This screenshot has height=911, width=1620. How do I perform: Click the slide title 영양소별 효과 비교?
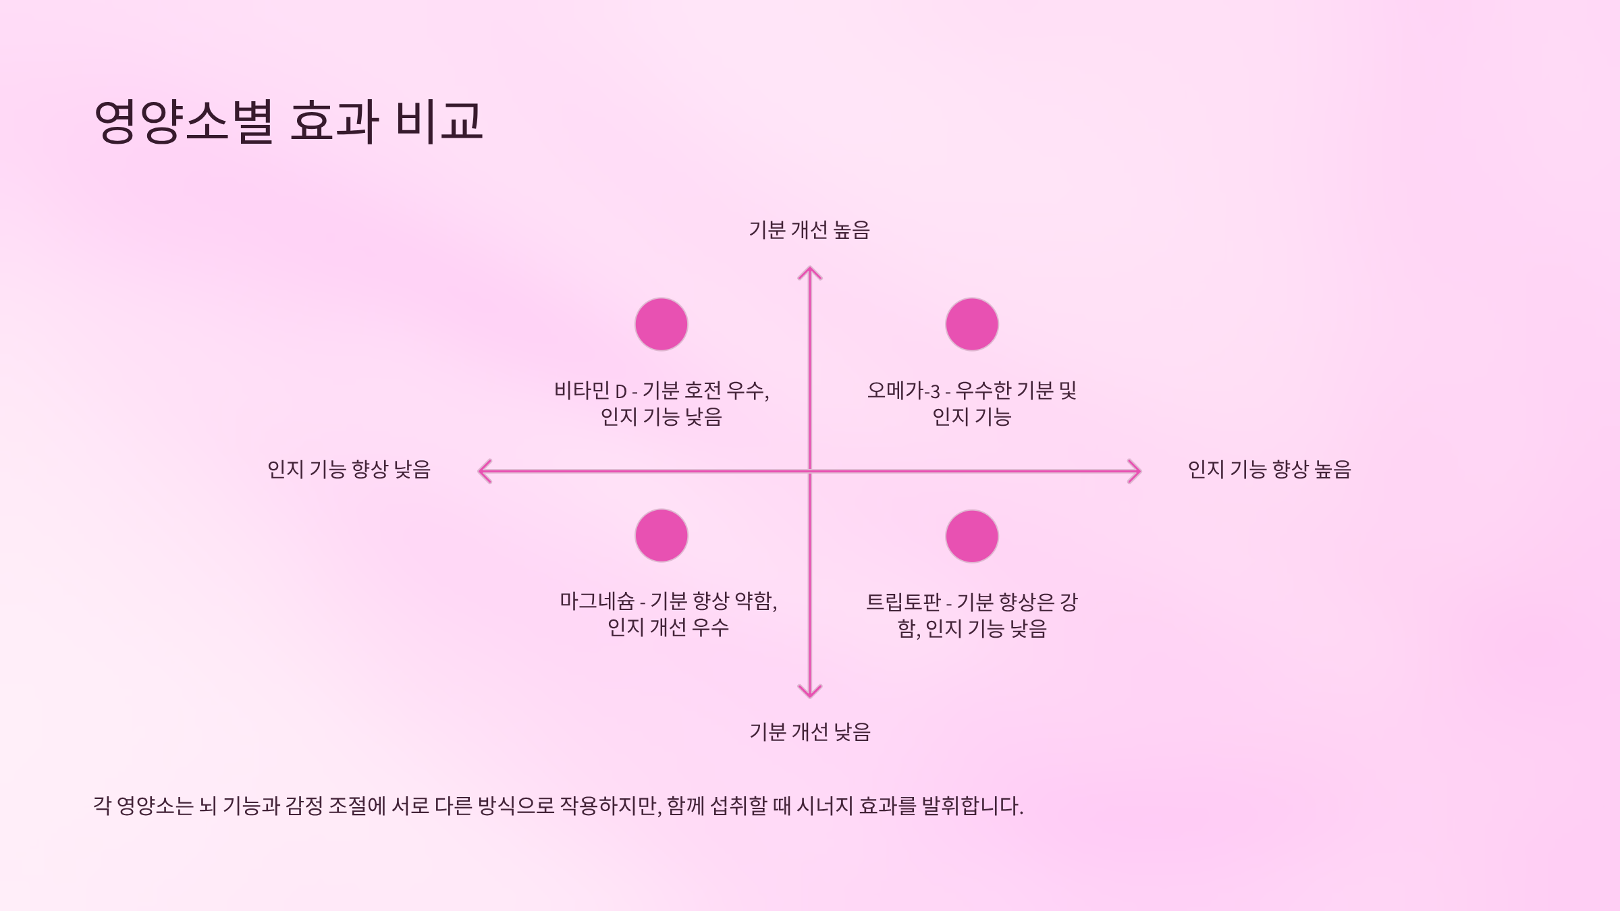pos(289,121)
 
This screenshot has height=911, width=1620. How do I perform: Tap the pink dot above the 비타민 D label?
pos(661,325)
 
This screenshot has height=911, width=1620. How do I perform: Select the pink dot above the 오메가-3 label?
pos(972,325)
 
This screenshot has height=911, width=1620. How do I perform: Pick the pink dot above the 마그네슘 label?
pos(661,536)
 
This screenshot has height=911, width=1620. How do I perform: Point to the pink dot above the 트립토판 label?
pos(972,536)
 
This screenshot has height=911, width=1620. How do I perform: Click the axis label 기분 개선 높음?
pos(809,230)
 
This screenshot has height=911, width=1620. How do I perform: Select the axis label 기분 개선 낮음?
pos(810,732)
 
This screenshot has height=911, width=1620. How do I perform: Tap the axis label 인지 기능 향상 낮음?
pos(349,470)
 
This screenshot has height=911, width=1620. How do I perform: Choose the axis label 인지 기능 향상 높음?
pos(1270,470)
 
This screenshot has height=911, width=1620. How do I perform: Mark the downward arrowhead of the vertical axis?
pos(810,692)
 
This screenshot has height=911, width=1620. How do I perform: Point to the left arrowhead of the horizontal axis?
pos(483,471)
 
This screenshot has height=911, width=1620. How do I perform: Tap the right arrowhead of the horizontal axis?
pos(1136,471)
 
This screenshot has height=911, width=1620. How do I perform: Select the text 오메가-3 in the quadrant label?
pos(903,391)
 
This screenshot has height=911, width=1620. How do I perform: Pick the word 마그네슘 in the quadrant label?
pos(597,601)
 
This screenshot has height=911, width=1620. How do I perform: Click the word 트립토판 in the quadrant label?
pos(903,602)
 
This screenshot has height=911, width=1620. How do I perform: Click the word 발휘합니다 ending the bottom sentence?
pos(972,806)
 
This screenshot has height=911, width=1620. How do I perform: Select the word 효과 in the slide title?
pos(334,121)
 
